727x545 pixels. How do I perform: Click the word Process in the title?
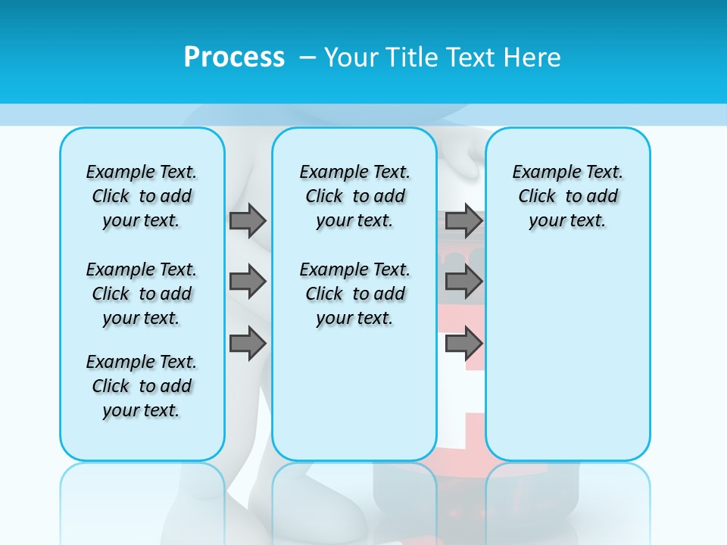[234, 58]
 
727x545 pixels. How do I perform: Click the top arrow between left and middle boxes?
[248, 221]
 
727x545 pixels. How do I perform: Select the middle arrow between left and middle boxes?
[248, 282]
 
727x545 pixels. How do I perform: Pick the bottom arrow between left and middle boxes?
[248, 344]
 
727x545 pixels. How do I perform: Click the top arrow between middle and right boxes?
[463, 221]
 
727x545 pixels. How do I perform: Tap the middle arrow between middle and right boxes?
[463, 282]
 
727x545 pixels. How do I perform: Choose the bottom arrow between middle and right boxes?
[463, 344]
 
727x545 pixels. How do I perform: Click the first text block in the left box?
[142, 196]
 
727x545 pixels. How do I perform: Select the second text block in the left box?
[142, 294]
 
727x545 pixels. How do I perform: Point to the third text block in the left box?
[142, 386]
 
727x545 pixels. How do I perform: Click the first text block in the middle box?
[354, 196]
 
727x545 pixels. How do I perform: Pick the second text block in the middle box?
[354, 294]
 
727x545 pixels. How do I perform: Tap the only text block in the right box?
[567, 196]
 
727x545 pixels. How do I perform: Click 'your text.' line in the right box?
[567, 220]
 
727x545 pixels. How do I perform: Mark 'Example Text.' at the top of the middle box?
[354, 172]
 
